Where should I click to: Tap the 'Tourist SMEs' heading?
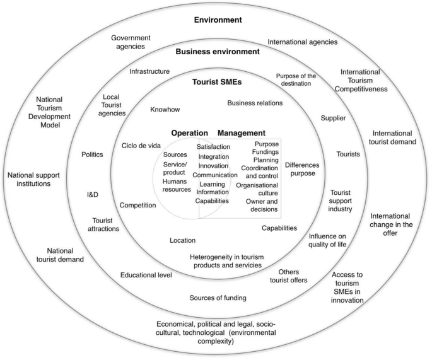click(218, 81)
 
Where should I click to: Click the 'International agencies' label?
click(303, 42)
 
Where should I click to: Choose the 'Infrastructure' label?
click(149, 71)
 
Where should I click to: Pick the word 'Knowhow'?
click(165, 110)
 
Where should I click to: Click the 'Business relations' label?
click(255, 103)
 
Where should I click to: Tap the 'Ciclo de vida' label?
click(141, 146)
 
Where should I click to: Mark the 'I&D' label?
click(92, 194)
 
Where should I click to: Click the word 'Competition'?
click(137, 205)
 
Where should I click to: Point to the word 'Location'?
click(182, 240)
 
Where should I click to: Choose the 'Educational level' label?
click(146, 275)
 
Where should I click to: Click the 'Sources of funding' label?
click(218, 297)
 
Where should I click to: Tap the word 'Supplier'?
click(333, 118)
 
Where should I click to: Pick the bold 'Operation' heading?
click(190, 133)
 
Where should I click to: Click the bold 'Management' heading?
click(242, 133)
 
